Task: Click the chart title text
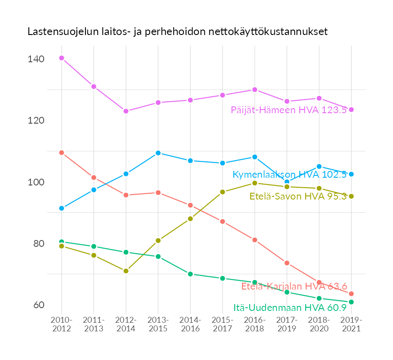click(177, 32)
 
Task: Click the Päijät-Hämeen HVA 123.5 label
click(289, 110)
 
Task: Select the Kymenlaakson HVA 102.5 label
click(290, 175)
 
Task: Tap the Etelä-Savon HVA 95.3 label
click(298, 196)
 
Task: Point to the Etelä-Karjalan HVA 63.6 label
click(294, 286)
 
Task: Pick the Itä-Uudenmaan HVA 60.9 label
click(290, 308)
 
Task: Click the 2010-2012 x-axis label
click(61, 325)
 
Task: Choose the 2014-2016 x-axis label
click(190, 325)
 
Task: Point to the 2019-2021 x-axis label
click(351, 325)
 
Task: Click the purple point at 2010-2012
click(61, 58)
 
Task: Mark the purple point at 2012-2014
click(126, 111)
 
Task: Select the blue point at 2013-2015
click(158, 153)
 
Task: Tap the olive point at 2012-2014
click(126, 271)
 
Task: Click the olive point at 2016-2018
click(255, 183)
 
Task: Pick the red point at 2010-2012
click(61, 153)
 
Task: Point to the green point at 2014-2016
click(190, 274)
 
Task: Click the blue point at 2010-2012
click(61, 208)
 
